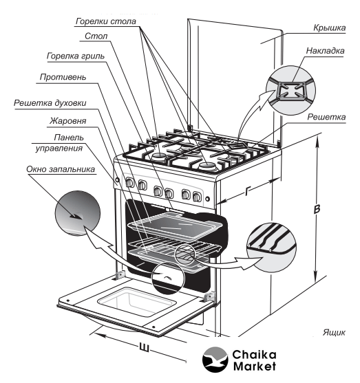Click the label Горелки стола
(105, 21)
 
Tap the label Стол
(96, 36)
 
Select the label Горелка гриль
(76, 56)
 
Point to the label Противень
(63, 77)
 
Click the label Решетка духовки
(50, 103)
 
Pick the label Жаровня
(67, 121)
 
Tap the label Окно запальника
(61, 169)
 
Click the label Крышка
(330, 28)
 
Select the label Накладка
(325, 51)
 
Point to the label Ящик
(334, 332)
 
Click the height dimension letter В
(317, 210)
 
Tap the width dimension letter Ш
(144, 347)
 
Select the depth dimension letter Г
(248, 190)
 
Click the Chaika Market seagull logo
(215, 360)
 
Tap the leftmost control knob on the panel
(129, 182)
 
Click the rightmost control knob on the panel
(197, 197)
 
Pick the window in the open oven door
(137, 302)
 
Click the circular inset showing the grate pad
(290, 90)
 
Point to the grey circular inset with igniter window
(78, 213)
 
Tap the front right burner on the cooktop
(207, 166)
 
